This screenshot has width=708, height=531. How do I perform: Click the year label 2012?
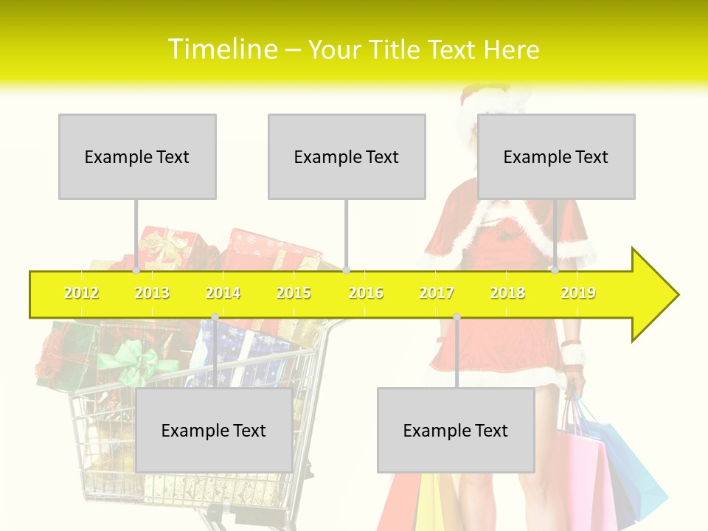pyautogui.click(x=81, y=293)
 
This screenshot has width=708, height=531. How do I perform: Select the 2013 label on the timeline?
pyautogui.click(x=152, y=293)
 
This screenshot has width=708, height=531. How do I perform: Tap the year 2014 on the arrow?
pyautogui.click(x=223, y=293)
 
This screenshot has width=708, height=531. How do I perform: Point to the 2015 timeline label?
pyautogui.click(x=294, y=293)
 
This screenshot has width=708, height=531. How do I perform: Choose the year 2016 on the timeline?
pyautogui.click(x=366, y=293)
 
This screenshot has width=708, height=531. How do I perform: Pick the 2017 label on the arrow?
pyautogui.click(x=437, y=293)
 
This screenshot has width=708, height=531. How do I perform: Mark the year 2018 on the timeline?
pyautogui.click(x=507, y=293)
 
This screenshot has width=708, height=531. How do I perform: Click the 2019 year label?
pyautogui.click(x=578, y=293)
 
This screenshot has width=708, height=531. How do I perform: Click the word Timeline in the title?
pyautogui.click(x=221, y=49)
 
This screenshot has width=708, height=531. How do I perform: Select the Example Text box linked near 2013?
pyautogui.click(x=137, y=156)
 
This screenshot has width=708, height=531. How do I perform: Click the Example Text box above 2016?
pyautogui.click(x=347, y=156)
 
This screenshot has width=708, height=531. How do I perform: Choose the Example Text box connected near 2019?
pyautogui.click(x=556, y=156)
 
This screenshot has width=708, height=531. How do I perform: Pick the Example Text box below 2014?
pyautogui.click(x=214, y=430)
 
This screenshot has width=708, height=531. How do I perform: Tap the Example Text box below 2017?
pyautogui.click(x=456, y=430)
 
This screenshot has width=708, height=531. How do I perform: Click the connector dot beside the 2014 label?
pyautogui.click(x=215, y=316)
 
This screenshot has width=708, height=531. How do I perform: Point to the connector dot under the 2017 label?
pyautogui.click(x=457, y=316)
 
